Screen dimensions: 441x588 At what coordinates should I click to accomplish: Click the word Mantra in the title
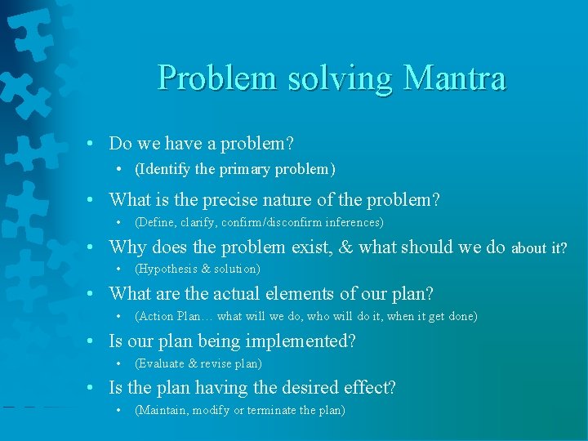coord(455,78)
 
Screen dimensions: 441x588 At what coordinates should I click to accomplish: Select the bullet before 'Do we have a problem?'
coord(97,144)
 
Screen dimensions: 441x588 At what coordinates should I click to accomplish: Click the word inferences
coord(354,222)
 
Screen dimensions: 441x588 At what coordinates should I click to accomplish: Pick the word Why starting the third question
coord(127,247)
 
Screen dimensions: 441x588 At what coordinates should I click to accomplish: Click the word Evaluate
coord(162,363)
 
